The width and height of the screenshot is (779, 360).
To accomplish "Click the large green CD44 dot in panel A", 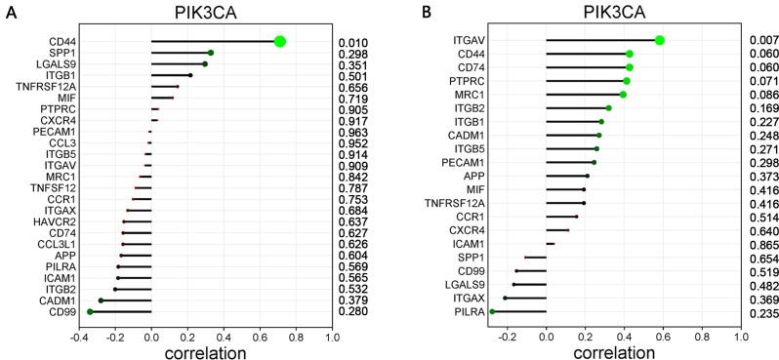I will coord(279,41).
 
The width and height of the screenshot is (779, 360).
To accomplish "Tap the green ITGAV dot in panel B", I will coord(660,40).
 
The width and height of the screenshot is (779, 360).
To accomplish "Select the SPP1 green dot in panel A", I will coord(211,53).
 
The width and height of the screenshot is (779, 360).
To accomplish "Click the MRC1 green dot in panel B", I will coord(623,95).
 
